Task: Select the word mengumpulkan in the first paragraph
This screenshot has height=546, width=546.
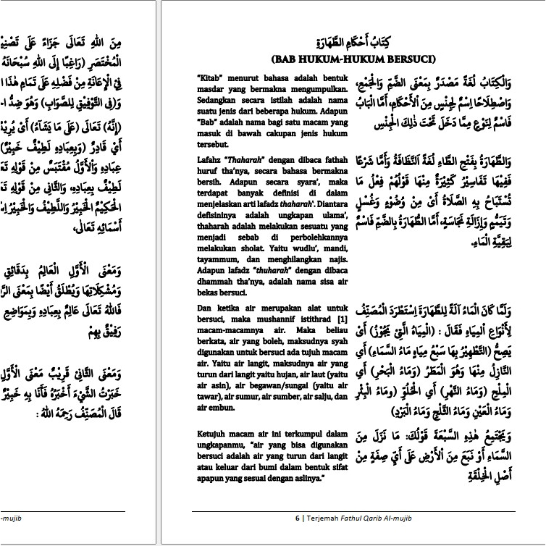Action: click(298, 85)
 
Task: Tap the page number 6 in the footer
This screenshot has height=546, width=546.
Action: click(297, 518)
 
